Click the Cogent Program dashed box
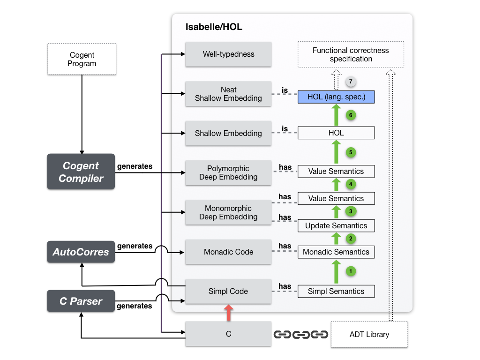click(82, 59)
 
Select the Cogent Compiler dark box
click(81, 172)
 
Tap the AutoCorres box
click(81, 252)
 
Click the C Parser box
click(81, 301)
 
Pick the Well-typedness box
click(228, 54)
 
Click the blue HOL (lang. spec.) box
click(336, 97)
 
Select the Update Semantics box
click(336, 225)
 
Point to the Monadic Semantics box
click(336, 252)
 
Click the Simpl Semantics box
click(336, 291)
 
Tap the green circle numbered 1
click(350, 271)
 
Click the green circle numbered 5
click(350, 152)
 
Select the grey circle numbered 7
click(350, 81)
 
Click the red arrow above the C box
click(228, 313)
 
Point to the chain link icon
click(300, 335)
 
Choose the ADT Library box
click(369, 334)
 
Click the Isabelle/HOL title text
click(214, 27)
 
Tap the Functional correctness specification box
click(351, 54)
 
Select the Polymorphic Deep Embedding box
click(228, 172)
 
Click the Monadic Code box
click(228, 252)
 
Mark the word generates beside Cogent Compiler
click(135, 166)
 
